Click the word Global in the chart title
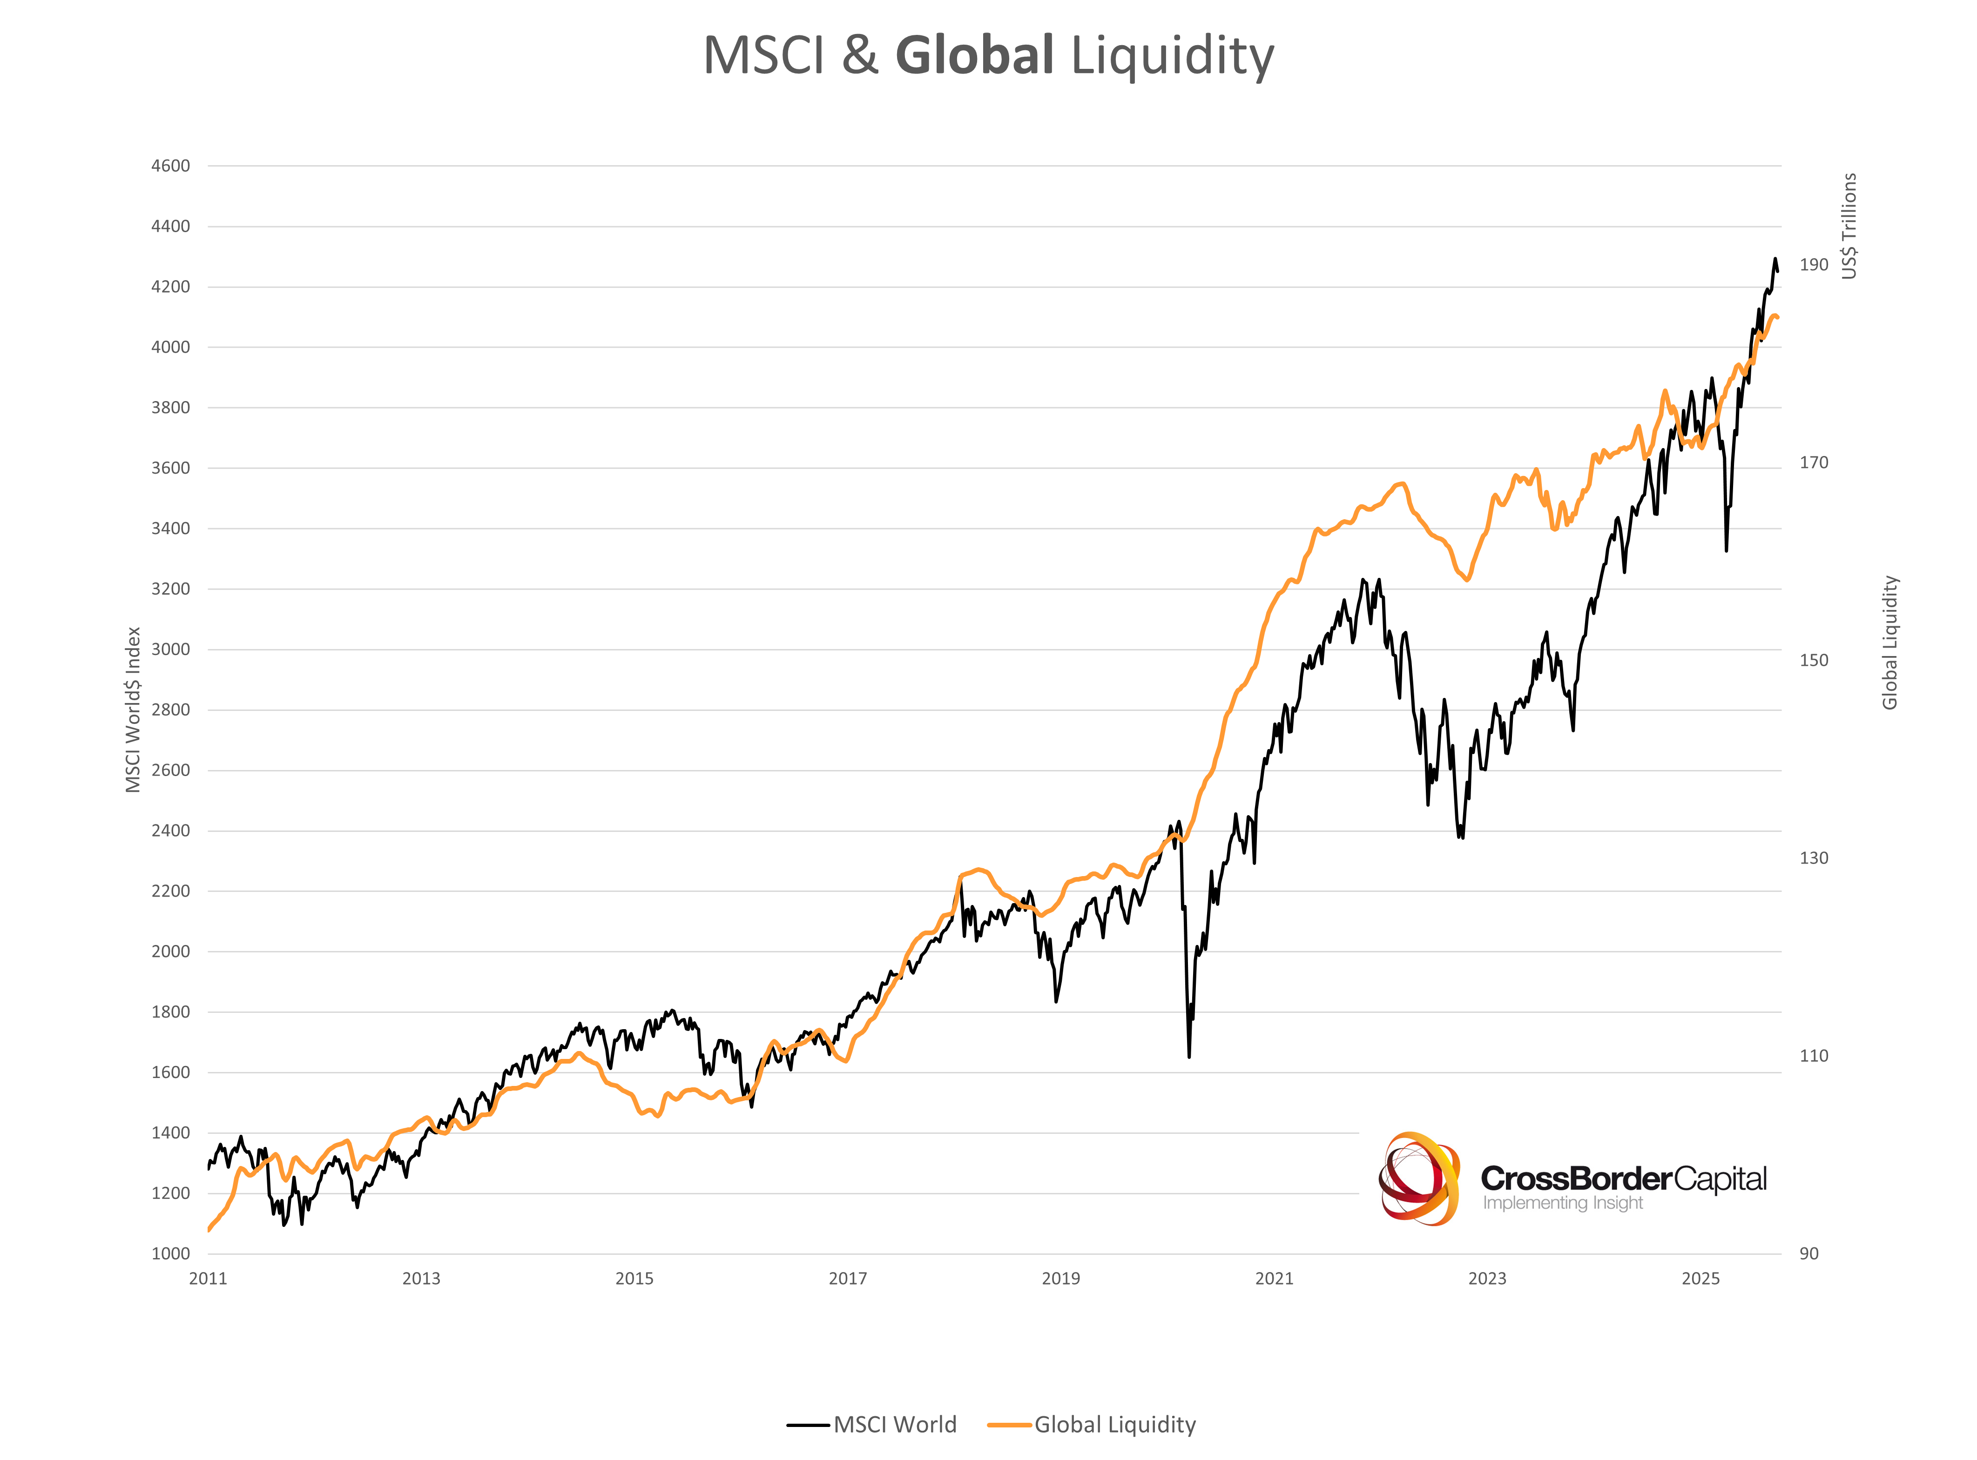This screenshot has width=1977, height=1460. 974,55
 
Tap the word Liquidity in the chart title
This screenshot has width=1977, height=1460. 1173,57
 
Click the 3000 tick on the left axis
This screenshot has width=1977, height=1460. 171,649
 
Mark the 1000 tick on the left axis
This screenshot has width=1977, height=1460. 171,1253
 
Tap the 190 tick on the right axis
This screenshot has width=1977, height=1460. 1814,264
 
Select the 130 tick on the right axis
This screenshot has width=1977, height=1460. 1814,857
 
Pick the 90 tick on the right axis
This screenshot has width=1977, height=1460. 1809,1253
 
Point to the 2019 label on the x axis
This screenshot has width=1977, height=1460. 1060,1278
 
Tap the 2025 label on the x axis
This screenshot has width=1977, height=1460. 1700,1278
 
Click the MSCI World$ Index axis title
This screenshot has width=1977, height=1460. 133,710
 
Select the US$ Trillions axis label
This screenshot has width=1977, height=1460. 1849,226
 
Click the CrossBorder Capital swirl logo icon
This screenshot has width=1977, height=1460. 1418,1178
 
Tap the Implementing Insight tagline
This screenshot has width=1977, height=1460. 1562,1203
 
